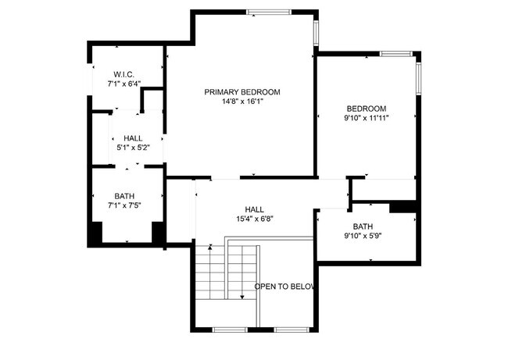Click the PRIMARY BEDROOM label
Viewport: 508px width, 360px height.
tap(242, 92)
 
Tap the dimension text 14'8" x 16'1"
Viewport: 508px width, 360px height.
tap(242, 102)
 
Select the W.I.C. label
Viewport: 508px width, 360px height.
tap(124, 73)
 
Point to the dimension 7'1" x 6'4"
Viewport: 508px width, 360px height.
tap(124, 83)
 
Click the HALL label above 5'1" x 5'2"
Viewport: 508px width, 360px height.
tap(133, 138)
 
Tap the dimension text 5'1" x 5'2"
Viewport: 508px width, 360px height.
tap(133, 147)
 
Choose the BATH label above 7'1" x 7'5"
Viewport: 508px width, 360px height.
tap(124, 197)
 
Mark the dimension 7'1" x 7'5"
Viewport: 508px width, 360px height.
tap(124, 206)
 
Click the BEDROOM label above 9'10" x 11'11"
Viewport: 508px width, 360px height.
tap(367, 109)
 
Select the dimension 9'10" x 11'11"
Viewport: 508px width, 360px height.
tap(367, 118)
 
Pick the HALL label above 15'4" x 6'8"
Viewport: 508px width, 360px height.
tap(255, 210)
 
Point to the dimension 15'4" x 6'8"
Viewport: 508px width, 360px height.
tap(255, 219)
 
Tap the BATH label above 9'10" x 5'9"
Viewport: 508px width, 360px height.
tap(363, 226)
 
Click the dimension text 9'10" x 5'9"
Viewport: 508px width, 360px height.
tap(363, 236)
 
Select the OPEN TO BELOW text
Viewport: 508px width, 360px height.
tap(284, 287)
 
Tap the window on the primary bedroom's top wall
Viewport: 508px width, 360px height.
tap(269, 12)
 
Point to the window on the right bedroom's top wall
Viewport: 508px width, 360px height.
tap(396, 53)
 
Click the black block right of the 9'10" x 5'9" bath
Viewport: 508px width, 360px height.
tap(402, 207)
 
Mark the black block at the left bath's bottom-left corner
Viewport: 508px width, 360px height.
tap(96, 233)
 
